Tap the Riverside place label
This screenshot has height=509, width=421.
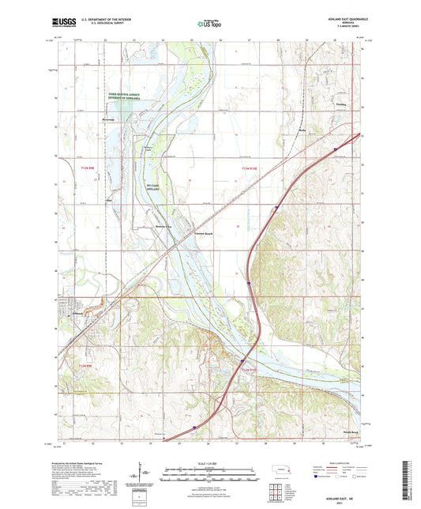[x=109, y=120]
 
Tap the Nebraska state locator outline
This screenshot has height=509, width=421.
[x=280, y=469]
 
